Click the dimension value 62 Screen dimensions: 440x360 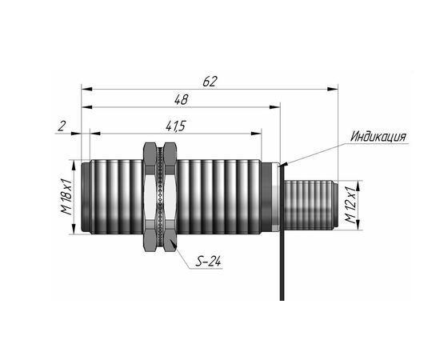(x=210, y=82)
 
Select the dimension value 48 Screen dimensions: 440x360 (x=182, y=100)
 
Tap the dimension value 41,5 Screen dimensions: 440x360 (x=176, y=126)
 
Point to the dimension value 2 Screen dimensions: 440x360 (x=62, y=126)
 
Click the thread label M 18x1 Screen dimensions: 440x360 (x=66, y=197)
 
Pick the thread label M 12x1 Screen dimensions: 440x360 (x=350, y=205)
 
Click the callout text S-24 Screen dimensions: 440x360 (x=208, y=262)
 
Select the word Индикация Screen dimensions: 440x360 (x=378, y=136)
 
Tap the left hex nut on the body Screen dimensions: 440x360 (x=150, y=197)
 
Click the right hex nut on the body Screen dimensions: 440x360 (x=170, y=197)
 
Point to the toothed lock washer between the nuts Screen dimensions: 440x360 (x=160, y=197)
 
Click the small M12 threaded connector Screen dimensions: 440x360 (x=310, y=205)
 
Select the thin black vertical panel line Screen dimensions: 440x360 (x=282, y=233)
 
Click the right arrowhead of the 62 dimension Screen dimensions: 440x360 (x=333, y=89)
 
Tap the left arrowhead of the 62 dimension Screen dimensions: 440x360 (x=86, y=89)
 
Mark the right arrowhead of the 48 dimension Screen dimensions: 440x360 (x=274, y=107)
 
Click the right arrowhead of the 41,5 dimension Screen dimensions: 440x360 (x=256, y=134)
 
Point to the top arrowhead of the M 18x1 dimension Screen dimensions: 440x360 (x=74, y=165)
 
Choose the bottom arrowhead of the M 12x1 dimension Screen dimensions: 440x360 (x=358, y=225)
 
